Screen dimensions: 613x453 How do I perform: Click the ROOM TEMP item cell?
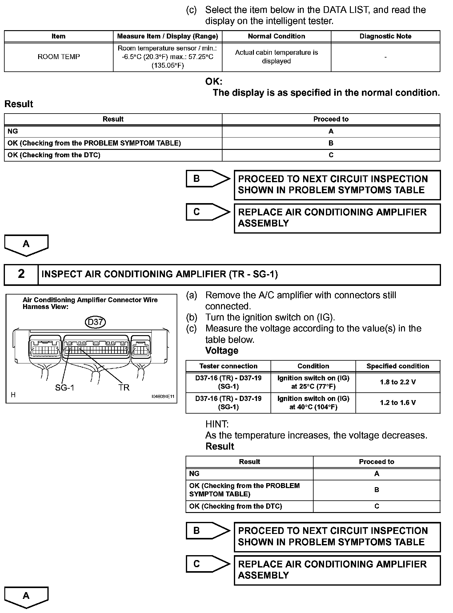point(58,57)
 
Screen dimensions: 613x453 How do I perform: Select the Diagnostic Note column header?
point(385,36)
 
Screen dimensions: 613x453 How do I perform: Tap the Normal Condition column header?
point(276,36)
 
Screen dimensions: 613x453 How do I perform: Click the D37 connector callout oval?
point(95,322)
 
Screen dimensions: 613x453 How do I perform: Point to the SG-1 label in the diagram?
point(65,388)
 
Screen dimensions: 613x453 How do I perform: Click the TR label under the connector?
point(124,388)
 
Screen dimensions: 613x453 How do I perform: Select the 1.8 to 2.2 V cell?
point(398,382)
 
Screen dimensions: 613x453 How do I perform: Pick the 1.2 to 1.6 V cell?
point(398,403)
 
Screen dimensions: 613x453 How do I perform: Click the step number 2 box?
point(21,274)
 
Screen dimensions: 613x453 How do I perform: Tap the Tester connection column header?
point(228,366)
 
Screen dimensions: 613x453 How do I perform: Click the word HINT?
point(217,424)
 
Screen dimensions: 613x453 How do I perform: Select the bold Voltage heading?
point(222,351)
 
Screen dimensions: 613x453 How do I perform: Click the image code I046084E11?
point(163,396)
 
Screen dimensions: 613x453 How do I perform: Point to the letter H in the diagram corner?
point(13,395)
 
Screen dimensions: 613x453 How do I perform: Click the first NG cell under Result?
point(113,131)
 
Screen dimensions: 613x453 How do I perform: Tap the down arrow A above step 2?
point(26,245)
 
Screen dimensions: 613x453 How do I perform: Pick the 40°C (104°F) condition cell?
point(313,403)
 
